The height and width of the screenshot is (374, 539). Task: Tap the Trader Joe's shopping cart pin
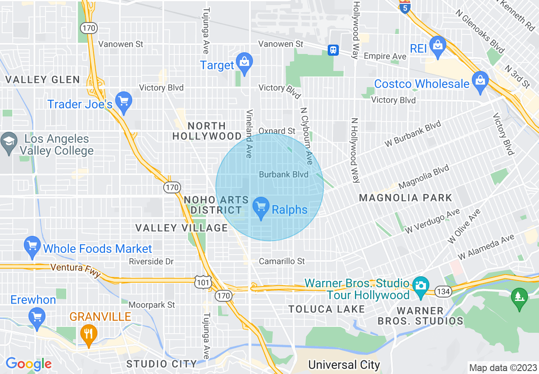124,102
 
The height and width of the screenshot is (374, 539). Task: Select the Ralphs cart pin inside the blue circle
261,207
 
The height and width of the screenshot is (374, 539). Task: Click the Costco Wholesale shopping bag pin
480,81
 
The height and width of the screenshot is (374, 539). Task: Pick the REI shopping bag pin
437,45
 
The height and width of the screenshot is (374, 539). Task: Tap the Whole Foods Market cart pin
32,246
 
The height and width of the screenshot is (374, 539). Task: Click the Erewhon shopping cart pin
37,317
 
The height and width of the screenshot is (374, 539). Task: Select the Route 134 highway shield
443,291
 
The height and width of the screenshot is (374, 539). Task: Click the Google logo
29,364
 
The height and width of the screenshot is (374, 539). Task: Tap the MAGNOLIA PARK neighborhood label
406,198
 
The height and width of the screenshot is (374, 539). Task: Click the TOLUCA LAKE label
326,309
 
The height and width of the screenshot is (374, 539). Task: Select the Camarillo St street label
282,261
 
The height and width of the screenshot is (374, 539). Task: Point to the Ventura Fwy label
75,269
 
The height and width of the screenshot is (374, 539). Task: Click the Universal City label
344,365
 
